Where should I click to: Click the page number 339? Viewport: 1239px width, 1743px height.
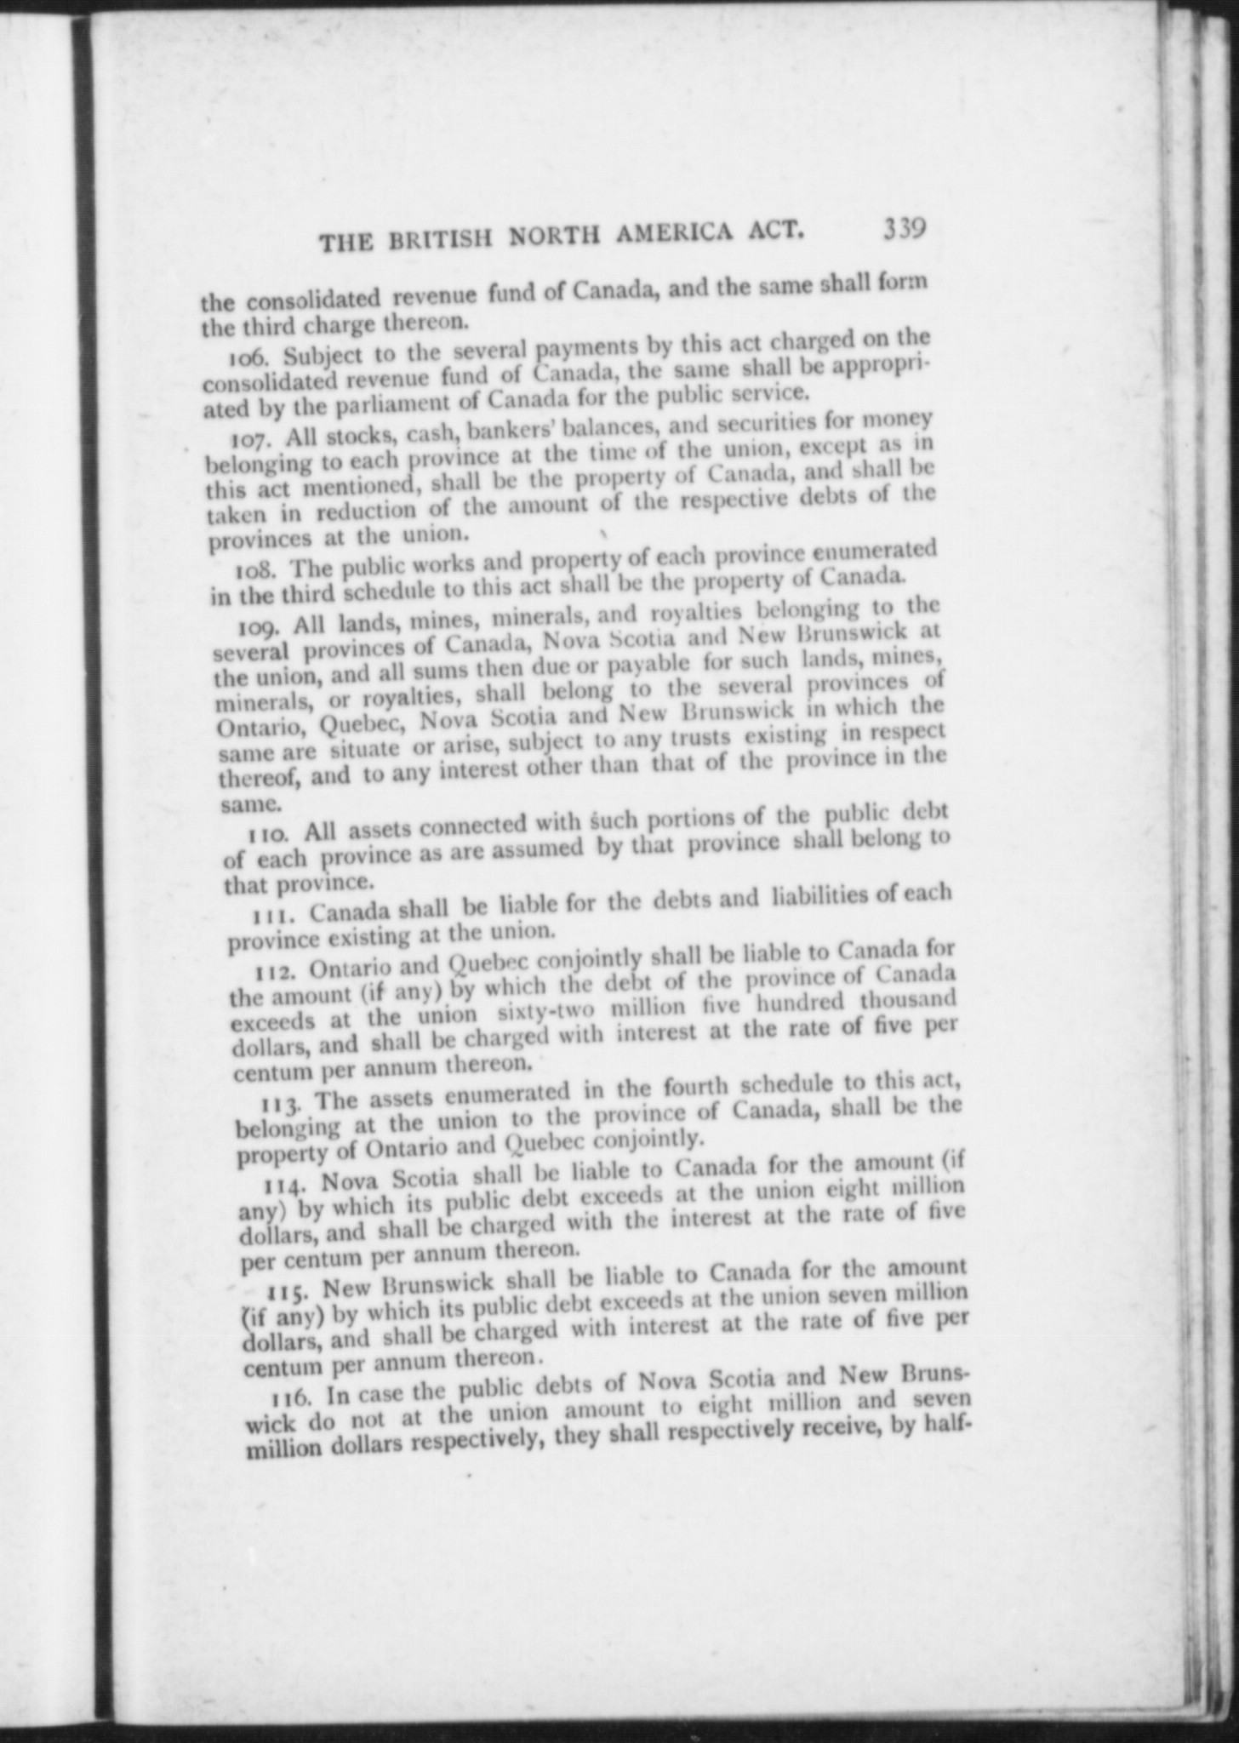904,230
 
